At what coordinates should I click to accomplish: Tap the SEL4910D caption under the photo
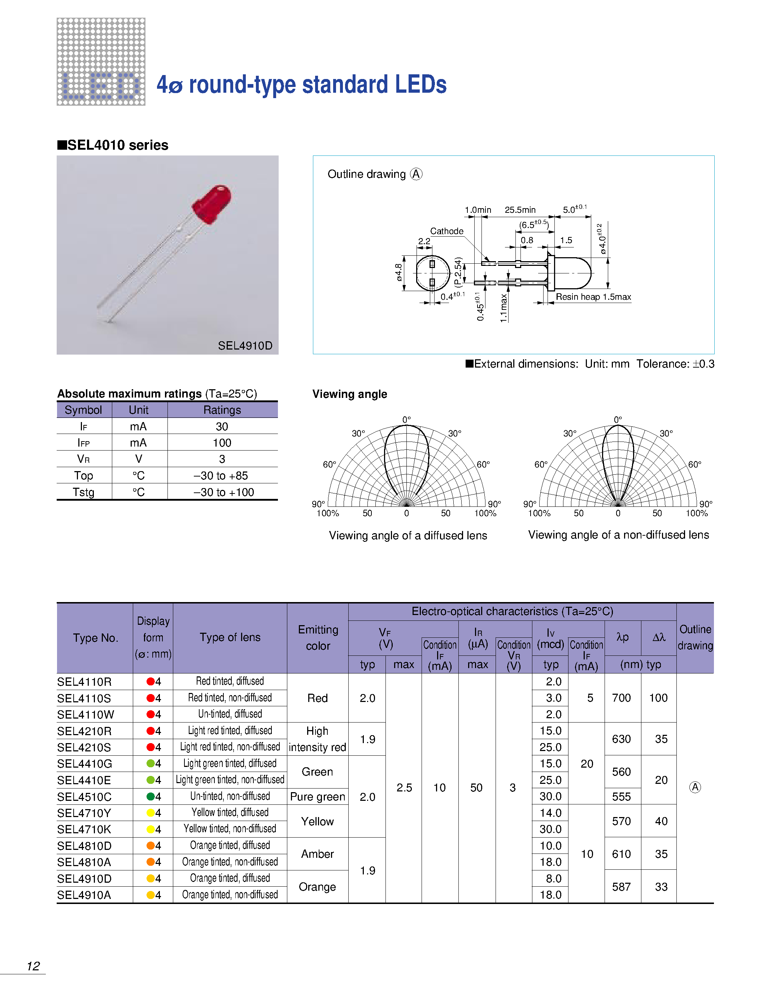point(245,346)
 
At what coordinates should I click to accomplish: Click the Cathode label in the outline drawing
point(446,231)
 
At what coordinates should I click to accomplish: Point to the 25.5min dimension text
point(520,210)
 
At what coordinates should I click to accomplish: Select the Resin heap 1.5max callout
point(593,297)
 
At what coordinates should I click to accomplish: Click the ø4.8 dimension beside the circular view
point(398,272)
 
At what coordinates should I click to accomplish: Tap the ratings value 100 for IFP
point(222,443)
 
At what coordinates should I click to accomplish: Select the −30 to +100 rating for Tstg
point(223,492)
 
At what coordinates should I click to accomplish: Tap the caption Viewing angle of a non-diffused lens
point(618,535)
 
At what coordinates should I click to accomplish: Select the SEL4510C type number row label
point(84,797)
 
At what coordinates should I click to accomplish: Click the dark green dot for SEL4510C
point(151,797)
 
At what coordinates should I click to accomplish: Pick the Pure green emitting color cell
point(317,797)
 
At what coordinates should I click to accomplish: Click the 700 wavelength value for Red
point(621,698)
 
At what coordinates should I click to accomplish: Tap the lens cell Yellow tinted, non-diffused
point(230,829)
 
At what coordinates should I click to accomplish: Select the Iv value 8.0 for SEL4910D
point(553,878)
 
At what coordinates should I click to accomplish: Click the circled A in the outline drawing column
point(695,787)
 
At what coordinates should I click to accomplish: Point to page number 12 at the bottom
point(33,966)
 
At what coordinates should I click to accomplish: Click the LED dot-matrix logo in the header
point(101,62)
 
